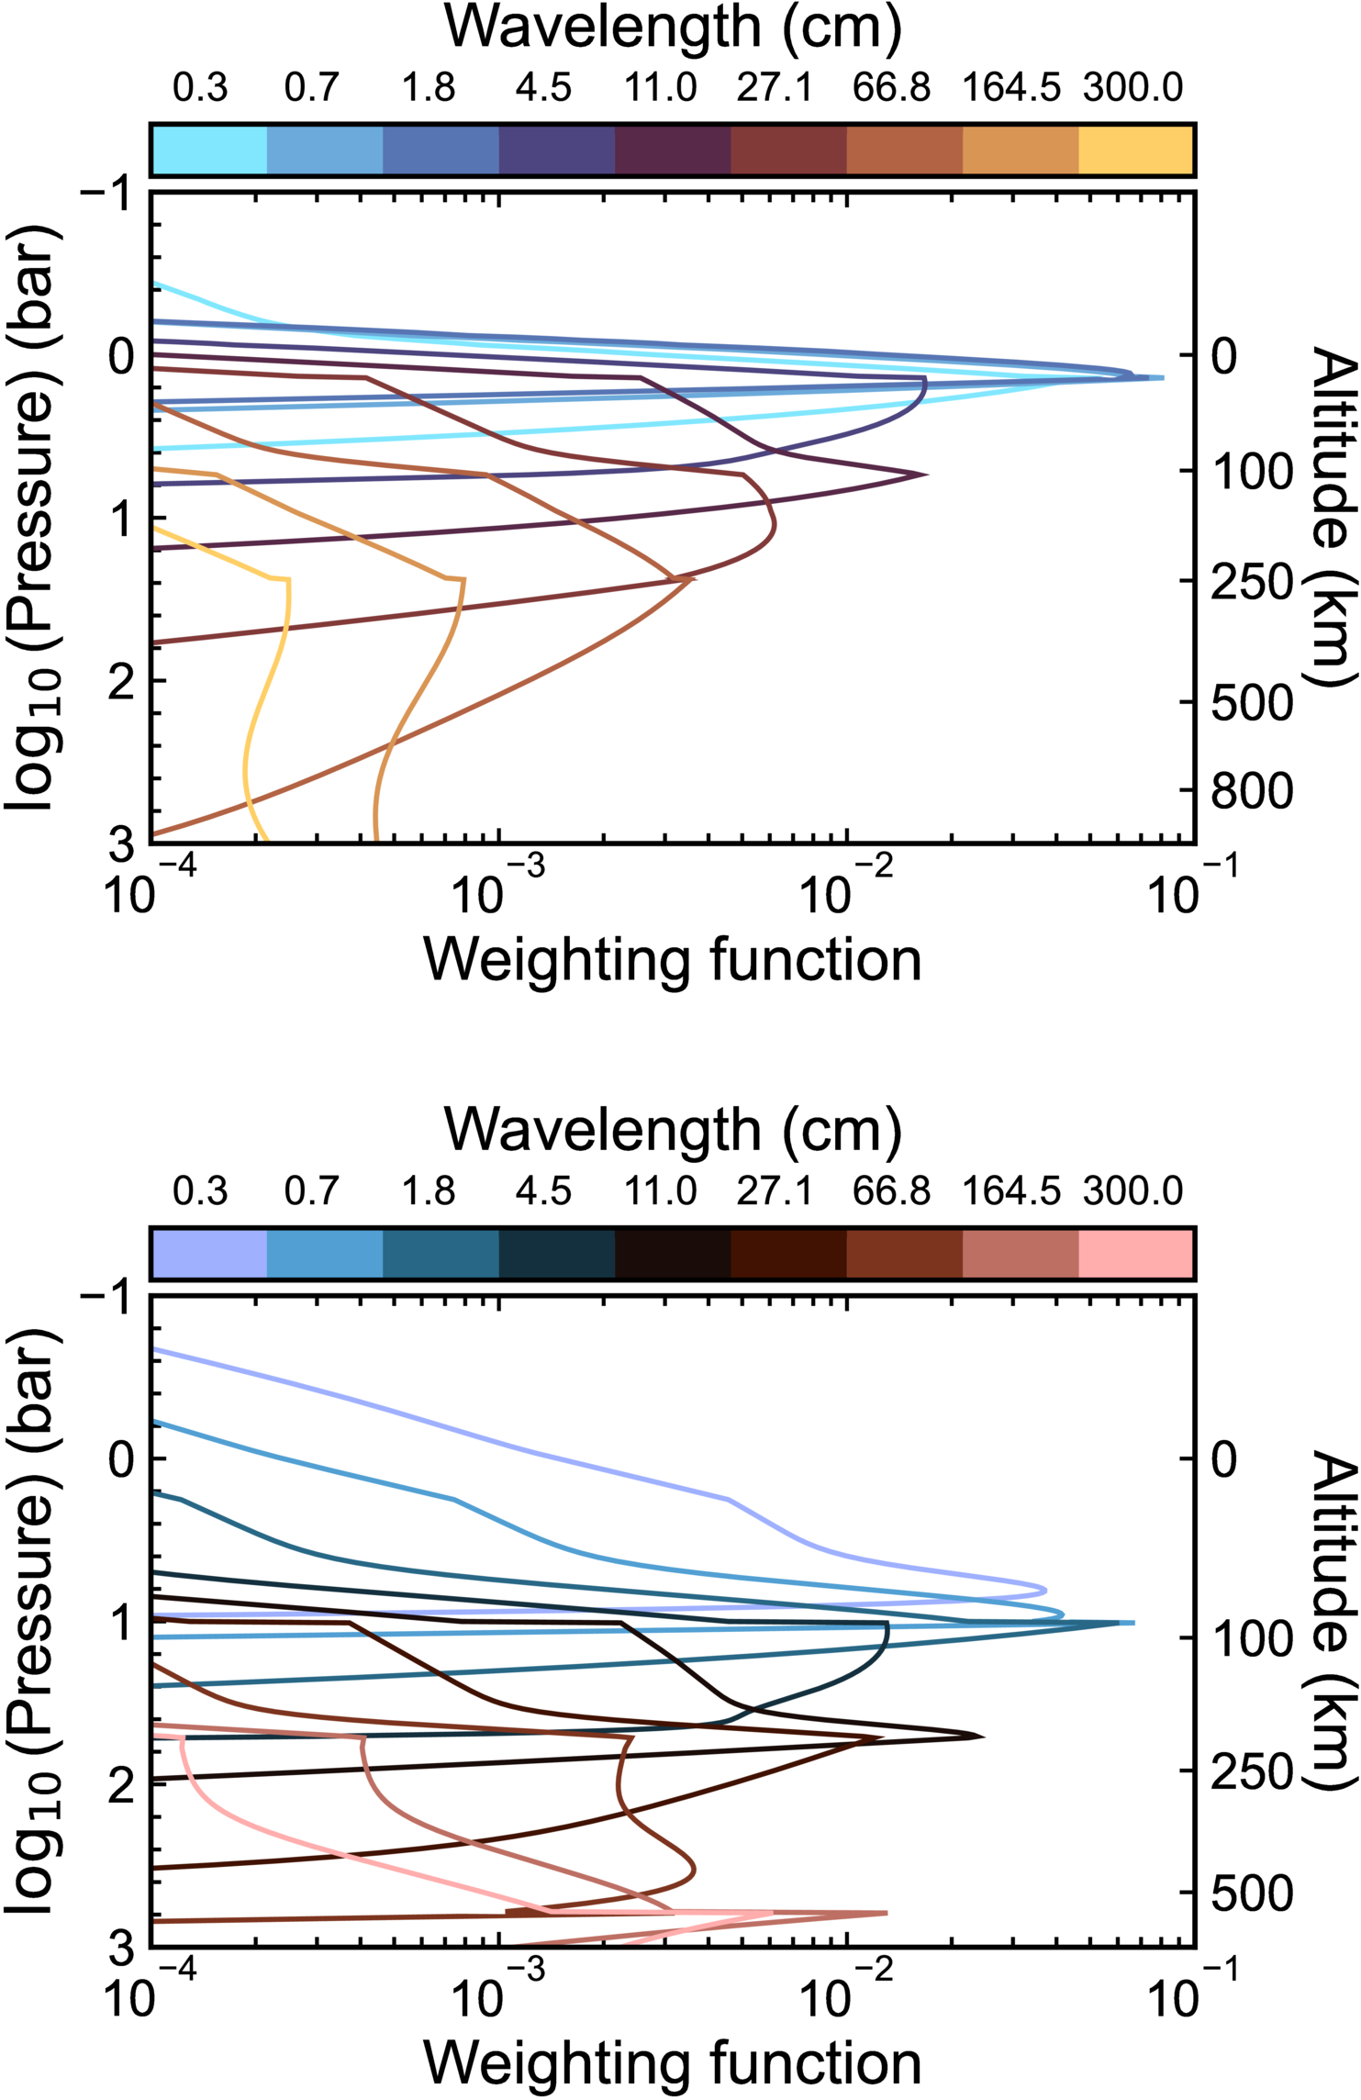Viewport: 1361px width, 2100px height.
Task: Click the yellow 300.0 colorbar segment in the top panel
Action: [x=1135, y=150]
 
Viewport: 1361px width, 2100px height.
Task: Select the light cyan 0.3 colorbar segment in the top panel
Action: [x=209, y=150]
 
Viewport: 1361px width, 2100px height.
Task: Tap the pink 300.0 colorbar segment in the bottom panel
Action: [x=1135, y=1254]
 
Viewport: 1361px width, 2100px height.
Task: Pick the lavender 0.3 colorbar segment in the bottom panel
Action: [x=209, y=1254]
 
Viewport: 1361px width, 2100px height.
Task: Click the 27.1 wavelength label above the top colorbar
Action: [x=775, y=88]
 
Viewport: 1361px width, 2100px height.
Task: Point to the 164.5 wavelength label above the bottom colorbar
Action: [x=1011, y=1191]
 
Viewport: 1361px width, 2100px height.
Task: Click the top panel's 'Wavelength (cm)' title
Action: [x=673, y=28]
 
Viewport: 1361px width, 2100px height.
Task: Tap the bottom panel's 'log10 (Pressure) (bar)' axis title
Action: [x=35, y=1620]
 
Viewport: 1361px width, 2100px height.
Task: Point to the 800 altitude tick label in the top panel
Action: [x=1251, y=791]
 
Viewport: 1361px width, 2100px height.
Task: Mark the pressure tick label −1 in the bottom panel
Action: [x=109, y=1297]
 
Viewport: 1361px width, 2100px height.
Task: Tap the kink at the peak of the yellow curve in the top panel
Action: [x=289, y=579]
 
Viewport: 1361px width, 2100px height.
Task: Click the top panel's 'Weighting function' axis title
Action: [x=673, y=961]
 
